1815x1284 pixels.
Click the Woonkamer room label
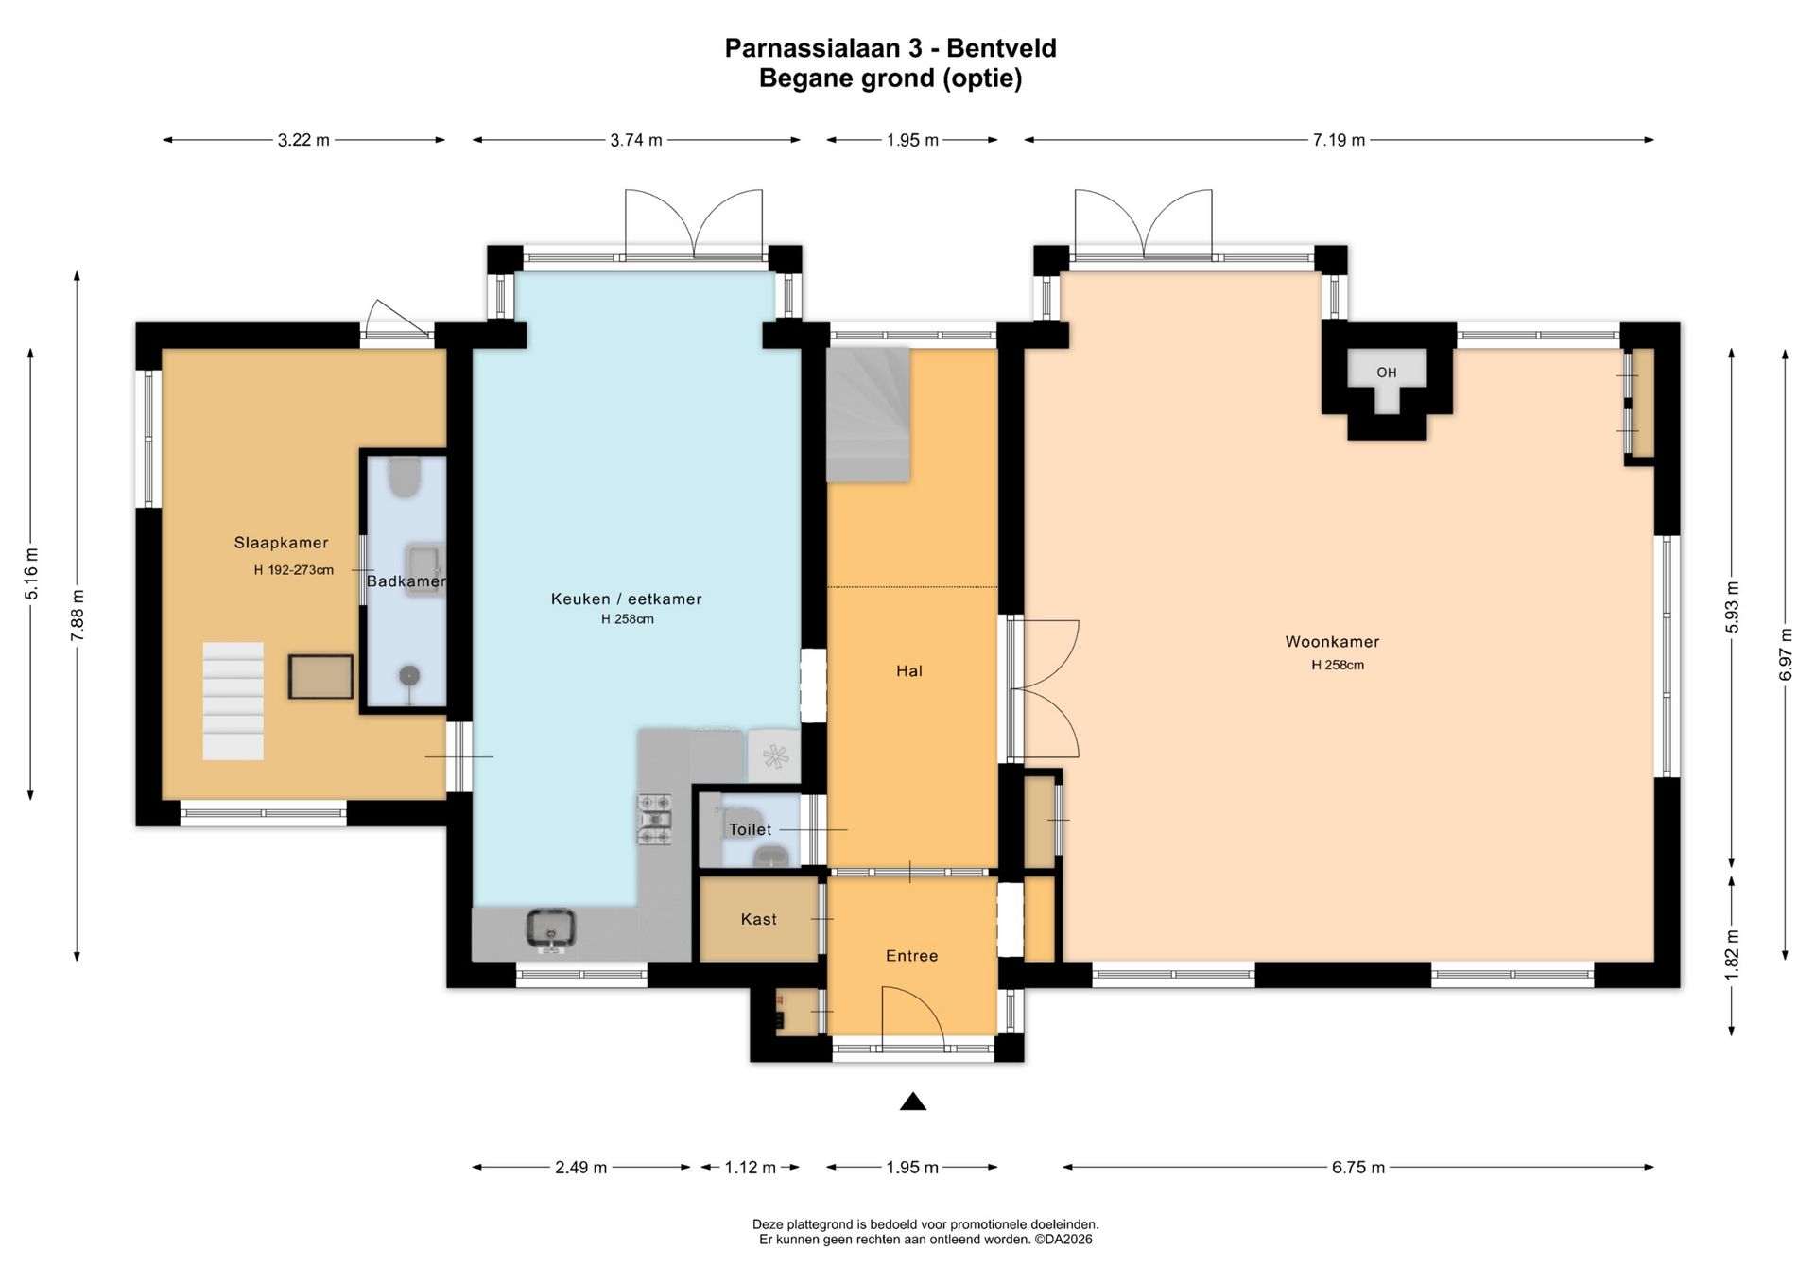click(1332, 642)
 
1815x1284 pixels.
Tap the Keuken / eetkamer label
click(627, 599)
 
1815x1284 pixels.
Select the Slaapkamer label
click(282, 543)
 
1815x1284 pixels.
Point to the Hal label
click(909, 670)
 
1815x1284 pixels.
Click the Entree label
click(912, 956)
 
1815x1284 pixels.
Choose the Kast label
click(759, 919)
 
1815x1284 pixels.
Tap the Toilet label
click(750, 829)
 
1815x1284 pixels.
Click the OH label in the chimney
click(1387, 373)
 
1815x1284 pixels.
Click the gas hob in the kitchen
click(656, 819)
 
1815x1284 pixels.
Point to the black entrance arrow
click(913, 1101)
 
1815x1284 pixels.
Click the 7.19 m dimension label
click(1339, 140)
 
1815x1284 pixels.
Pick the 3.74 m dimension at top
click(636, 140)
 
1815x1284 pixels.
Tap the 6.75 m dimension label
click(1358, 1168)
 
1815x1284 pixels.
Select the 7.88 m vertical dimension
click(78, 616)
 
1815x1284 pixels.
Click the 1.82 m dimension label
click(1732, 955)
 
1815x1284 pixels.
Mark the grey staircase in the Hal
click(868, 415)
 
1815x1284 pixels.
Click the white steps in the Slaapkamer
click(233, 701)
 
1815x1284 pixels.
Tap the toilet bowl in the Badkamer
click(406, 477)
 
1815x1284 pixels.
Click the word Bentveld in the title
click(1002, 48)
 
